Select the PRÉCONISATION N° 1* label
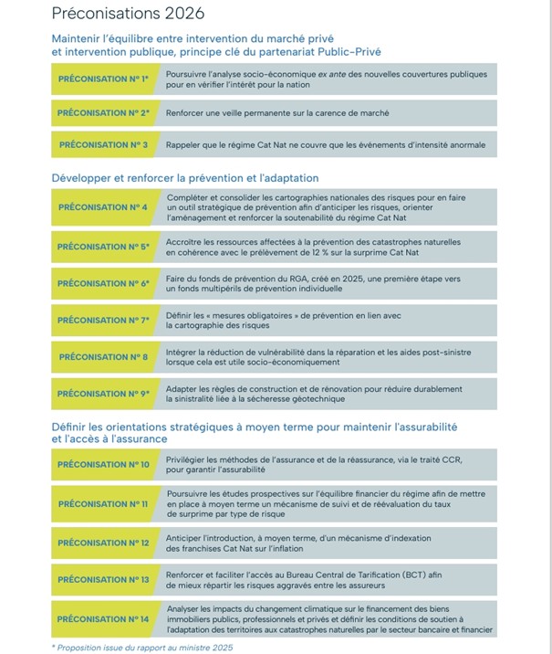pyautogui.click(x=102, y=79)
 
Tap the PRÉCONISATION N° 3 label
pyautogui.click(x=102, y=144)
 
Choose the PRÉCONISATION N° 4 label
pyautogui.click(x=102, y=207)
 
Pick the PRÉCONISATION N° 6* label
pyautogui.click(x=102, y=283)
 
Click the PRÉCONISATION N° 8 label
pyautogui.click(x=102, y=357)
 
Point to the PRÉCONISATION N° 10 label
pyautogui.click(x=102, y=465)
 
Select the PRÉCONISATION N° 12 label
pyautogui.click(x=102, y=543)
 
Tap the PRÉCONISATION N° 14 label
pyautogui.click(x=102, y=619)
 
